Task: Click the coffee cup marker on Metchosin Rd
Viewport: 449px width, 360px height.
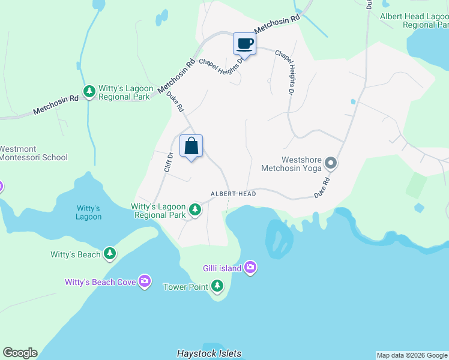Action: pos(244,44)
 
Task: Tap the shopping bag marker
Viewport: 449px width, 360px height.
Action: pos(191,146)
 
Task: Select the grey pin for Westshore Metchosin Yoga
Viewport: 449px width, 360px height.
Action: pos(331,163)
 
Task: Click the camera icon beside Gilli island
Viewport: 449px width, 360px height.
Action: pos(250,268)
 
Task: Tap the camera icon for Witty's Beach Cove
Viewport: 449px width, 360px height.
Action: pos(144,281)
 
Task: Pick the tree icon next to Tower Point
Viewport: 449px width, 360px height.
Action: pos(217,287)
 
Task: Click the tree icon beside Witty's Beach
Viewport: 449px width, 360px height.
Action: pos(109,254)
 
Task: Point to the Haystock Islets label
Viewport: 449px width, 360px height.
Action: pos(209,353)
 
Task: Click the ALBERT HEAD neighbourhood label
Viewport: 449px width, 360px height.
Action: pos(233,194)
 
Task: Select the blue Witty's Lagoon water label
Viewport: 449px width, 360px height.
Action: pos(88,212)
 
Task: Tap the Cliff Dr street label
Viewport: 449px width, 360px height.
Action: pos(169,163)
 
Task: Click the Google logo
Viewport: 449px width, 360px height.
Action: pos(20,353)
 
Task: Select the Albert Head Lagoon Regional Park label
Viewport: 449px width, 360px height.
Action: pos(414,20)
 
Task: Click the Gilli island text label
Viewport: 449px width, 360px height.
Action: pos(221,268)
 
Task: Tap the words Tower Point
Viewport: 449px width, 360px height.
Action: pos(185,287)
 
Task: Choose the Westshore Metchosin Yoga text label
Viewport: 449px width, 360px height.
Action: pos(292,163)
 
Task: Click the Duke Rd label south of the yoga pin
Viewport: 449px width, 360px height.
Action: pos(322,188)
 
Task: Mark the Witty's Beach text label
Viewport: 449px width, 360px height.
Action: pos(76,254)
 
